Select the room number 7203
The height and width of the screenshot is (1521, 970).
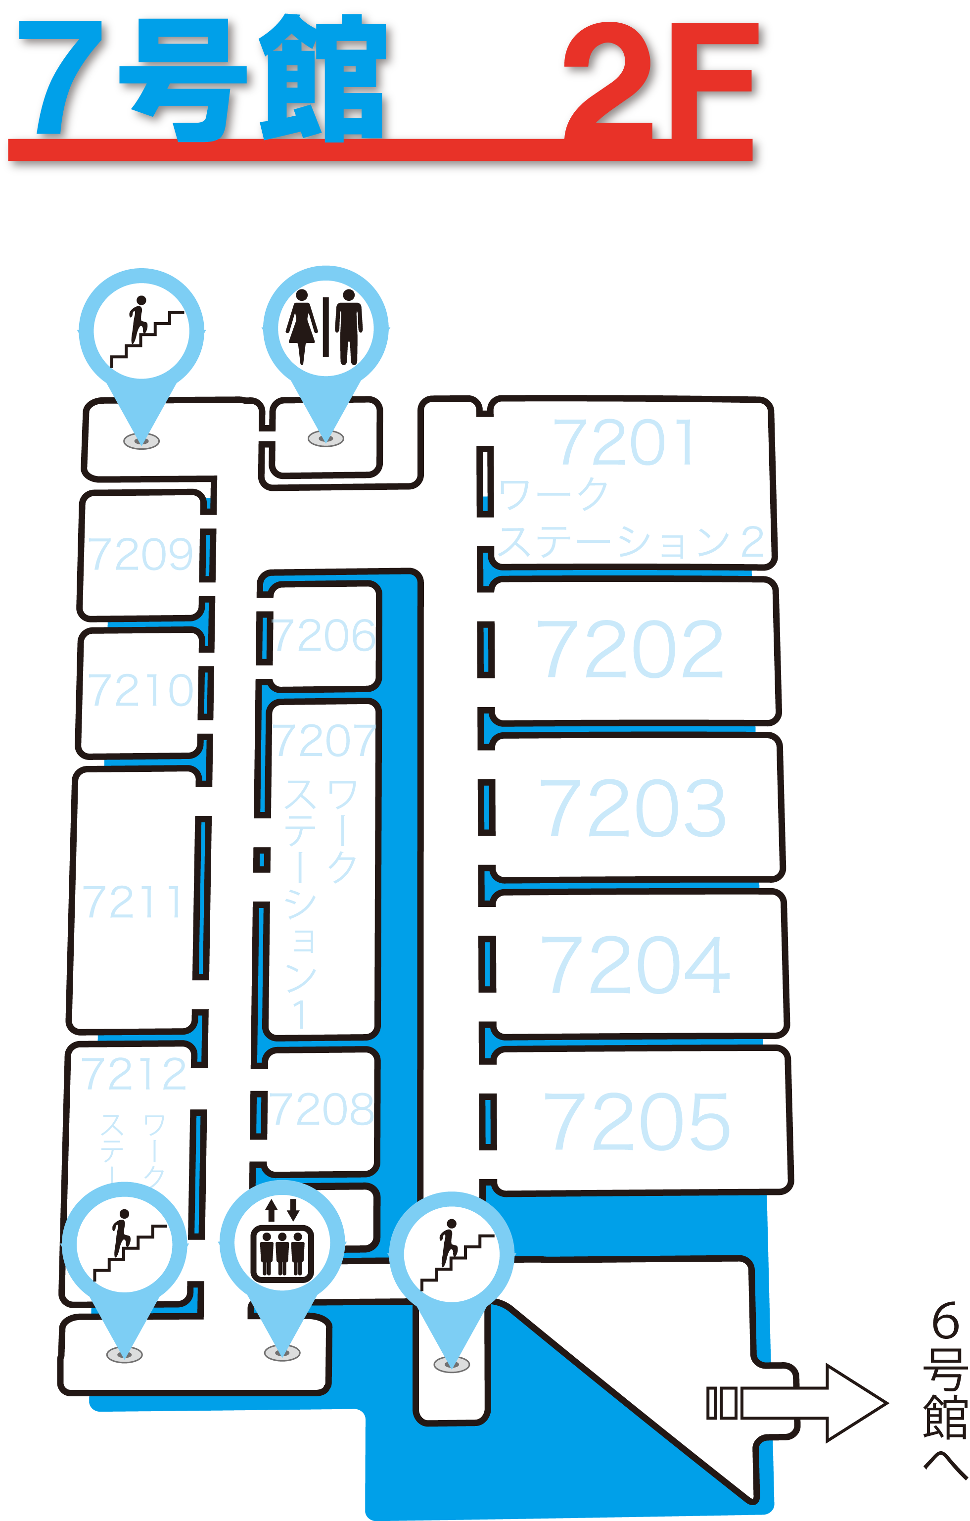(x=632, y=808)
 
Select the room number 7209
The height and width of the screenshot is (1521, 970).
(x=140, y=555)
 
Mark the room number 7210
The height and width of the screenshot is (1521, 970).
(x=140, y=690)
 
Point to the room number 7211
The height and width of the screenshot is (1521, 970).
(x=133, y=902)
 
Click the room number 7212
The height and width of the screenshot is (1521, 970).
(x=134, y=1074)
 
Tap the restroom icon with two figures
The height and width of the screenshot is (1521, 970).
(x=325, y=327)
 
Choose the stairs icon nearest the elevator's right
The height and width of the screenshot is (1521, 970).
(x=452, y=1254)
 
